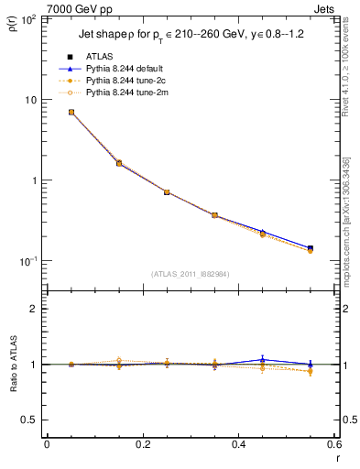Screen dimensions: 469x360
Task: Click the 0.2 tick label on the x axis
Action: tap(142, 445)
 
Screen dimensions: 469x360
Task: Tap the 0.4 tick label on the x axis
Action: tap(238, 445)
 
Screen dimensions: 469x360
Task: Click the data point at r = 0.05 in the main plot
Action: tap(71, 112)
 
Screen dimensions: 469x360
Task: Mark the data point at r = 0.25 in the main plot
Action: tap(167, 192)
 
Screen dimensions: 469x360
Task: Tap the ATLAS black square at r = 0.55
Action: tap(311, 248)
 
